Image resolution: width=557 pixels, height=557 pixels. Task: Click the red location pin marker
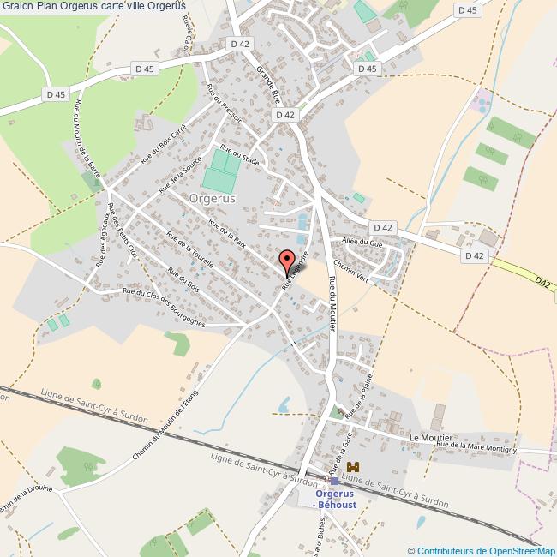tap(289, 261)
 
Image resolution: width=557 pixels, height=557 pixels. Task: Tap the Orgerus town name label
tap(213, 197)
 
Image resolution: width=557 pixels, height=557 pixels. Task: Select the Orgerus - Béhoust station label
tap(334, 500)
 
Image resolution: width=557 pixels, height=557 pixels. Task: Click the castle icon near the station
tap(351, 468)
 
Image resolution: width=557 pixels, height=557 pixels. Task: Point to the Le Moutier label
tap(425, 437)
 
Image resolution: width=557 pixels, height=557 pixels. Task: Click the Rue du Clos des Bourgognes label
tap(164, 308)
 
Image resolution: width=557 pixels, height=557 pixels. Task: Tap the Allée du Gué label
tap(361, 243)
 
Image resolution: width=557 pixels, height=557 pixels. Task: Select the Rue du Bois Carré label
tap(163, 143)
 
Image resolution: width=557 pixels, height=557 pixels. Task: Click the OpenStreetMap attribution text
tap(482, 551)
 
